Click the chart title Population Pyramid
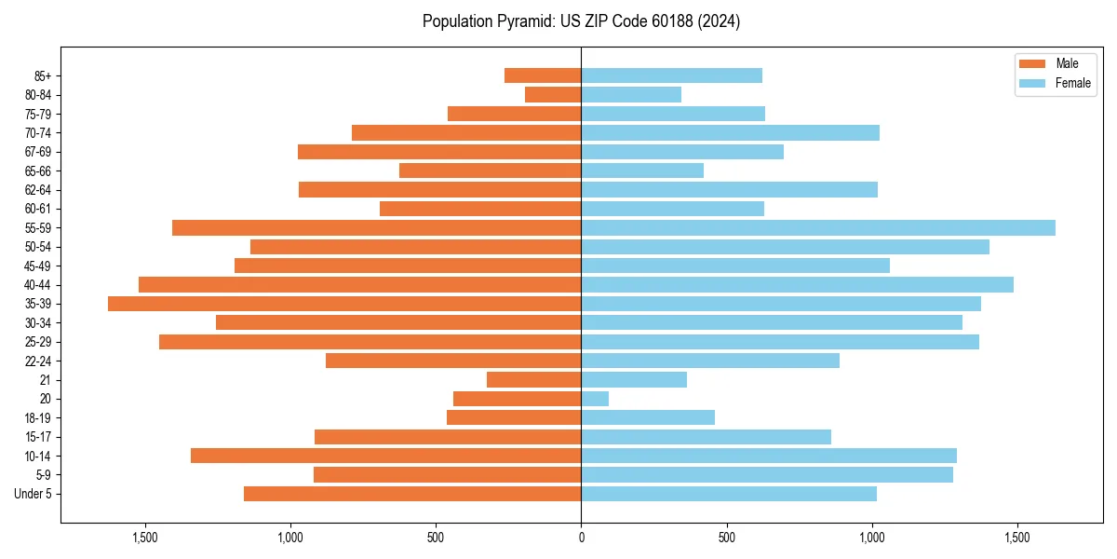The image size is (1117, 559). coord(581,21)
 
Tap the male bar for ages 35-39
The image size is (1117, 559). coord(344,304)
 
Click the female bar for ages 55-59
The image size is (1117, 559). coord(818,227)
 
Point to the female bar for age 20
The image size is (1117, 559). coord(595,399)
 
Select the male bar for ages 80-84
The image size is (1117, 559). coord(553,94)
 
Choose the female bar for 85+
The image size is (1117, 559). coord(671,75)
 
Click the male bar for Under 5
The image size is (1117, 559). coord(412,494)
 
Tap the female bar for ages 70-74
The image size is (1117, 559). coord(730,132)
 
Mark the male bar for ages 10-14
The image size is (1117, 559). coord(385,456)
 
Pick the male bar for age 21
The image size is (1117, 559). coord(533,380)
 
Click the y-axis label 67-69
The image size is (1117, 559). coord(38,152)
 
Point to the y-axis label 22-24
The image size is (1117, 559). coord(38,361)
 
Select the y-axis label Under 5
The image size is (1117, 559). coord(33,494)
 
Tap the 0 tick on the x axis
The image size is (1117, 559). coord(581,538)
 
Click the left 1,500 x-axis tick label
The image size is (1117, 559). coord(145,538)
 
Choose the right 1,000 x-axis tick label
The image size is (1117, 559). coord(872,538)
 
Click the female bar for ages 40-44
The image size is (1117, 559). coord(797,284)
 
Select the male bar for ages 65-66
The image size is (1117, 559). coord(490,170)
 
